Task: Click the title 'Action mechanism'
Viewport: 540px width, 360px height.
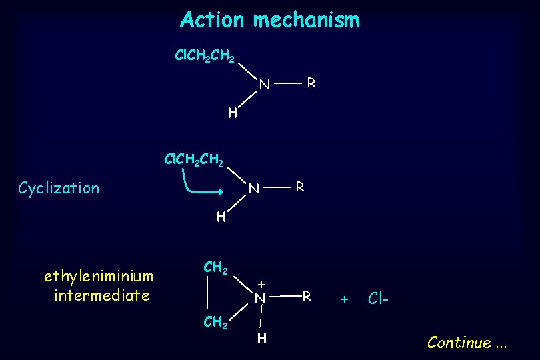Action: click(x=269, y=20)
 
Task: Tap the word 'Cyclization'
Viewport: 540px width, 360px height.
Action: click(x=59, y=188)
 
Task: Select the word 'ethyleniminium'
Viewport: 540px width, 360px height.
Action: click(x=98, y=275)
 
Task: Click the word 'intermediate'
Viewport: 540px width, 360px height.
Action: click(x=102, y=295)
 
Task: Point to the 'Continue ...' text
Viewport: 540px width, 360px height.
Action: click(x=467, y=343)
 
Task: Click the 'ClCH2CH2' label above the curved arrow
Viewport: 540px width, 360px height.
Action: click(x=194, y=160)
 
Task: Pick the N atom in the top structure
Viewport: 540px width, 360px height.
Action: click(x=265, y=85)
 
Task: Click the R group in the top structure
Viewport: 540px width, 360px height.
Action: click(x=311, y=84)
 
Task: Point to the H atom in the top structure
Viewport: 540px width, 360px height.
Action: click(x=232, y=113)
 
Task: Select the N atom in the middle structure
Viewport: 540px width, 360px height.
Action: click(x=253, y=189)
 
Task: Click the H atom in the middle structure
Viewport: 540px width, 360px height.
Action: click(x=221, y=217)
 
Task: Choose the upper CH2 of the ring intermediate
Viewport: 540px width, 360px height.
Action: click(x=216, y=268)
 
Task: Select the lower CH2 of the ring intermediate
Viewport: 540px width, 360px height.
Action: click(x=216, y=323)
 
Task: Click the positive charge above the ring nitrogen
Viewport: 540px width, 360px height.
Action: click(x=262, y=283)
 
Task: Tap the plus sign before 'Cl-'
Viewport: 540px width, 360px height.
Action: click(x=345, y=299)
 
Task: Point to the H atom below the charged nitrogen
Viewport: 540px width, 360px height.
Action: click(x=263, y=339)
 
